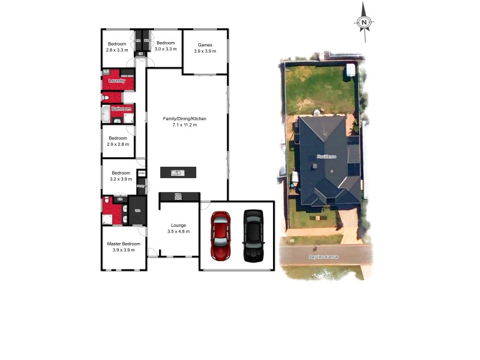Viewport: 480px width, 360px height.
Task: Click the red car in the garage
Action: coord(221,235)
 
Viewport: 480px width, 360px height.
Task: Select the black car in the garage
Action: coord(253,235)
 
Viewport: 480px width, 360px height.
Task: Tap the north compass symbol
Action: coord(364,22)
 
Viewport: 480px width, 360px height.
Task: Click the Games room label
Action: coord(205,45)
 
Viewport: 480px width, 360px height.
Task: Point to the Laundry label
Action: coord(117,80)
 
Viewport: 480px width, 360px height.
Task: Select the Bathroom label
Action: coord(122,109)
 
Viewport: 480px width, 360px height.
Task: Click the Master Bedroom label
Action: coord(124,244)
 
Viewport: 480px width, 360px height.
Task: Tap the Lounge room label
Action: coord(179,225)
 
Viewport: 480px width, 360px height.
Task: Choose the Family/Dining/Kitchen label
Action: coord(185,119)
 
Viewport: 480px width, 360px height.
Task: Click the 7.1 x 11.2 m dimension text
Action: coord(185,125)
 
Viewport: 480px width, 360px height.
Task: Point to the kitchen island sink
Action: coord(177,173)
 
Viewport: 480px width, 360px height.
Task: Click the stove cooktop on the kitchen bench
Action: coord(178,196)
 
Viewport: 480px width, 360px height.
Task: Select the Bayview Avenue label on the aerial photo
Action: coord(324,256)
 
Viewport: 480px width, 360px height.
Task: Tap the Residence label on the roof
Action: coord(326,157)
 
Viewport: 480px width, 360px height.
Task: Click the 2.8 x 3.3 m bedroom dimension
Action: coord(117,49)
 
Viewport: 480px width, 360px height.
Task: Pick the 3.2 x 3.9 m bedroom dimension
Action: coord(121,179)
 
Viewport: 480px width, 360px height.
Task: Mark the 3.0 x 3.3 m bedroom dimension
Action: coord(166,49)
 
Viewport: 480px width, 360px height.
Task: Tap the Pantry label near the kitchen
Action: coord(140,186)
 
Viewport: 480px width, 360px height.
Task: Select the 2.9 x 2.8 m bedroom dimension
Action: coord(118,144)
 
